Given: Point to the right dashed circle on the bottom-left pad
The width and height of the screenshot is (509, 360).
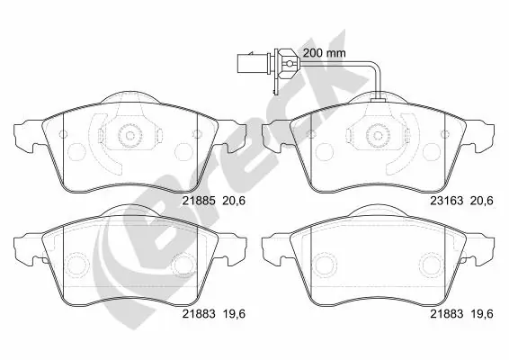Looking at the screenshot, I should point(183,265).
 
